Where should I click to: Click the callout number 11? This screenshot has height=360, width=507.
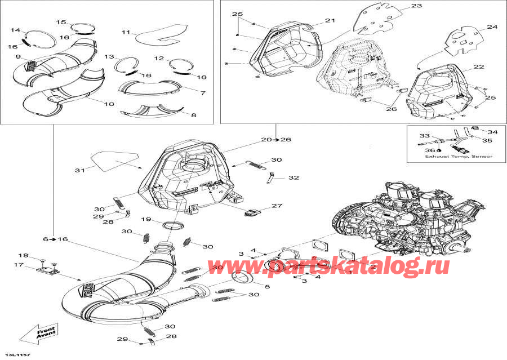126,32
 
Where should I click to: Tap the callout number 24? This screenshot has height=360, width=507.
492,27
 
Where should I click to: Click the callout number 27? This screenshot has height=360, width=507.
277,206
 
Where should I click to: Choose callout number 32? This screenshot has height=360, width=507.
293,177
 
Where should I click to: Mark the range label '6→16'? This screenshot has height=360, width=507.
59,239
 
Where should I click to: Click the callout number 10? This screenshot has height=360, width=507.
109,104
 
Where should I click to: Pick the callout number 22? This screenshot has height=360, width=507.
478,67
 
